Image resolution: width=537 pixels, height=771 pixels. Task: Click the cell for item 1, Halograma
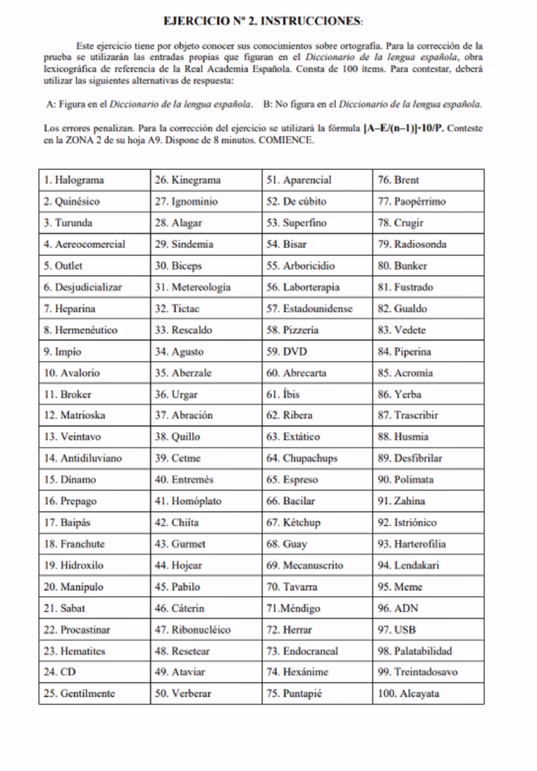[x=94, y=180]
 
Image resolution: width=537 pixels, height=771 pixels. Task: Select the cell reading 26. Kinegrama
[x=206, y=180]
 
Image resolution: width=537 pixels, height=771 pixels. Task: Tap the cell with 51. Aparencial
[x=317, y=180]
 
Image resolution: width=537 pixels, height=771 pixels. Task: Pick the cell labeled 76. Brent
[x=428, y=180]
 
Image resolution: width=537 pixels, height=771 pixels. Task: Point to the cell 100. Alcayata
[x=428, y=694]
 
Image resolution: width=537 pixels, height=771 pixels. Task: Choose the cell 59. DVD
[x=317, y=351]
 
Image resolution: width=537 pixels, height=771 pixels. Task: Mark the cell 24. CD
[x=94, y=672]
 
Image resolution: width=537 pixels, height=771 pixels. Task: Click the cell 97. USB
[x=428, y=630]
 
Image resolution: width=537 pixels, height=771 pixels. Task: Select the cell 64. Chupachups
[x=317, y=458]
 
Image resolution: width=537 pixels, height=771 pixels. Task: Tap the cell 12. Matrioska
[x=94, y=415]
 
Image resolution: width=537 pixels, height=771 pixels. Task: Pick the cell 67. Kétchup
[x=317, y=523]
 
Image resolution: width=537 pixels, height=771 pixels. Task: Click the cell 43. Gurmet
[x=206, y=544]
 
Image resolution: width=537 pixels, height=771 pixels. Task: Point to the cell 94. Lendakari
[x=428, y=565]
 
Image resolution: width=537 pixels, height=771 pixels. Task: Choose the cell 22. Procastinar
[x=94, y=630]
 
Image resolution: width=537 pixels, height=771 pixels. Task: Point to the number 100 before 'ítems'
[x=350, y=69]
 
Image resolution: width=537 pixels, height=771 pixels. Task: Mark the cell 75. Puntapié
[x=317, y=694]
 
